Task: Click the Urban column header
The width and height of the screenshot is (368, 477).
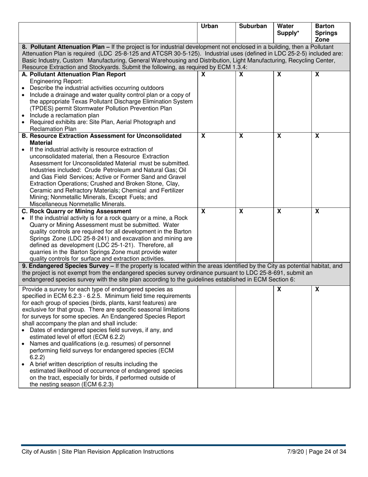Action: point(210,26)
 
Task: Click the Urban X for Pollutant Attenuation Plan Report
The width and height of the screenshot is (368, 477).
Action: point(203,74)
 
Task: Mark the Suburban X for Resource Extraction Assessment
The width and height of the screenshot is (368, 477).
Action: point(241,136)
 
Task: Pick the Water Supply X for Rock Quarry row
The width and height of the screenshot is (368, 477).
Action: point(279,211)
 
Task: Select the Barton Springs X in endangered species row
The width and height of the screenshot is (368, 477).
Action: point(317,289)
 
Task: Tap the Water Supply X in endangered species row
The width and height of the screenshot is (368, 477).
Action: point(279,289)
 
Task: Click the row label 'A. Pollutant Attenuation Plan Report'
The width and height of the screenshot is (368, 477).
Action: point(74,74)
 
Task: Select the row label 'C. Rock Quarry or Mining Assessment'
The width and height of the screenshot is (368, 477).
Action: point(77,211)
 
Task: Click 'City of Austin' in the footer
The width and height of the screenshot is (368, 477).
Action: point(39,451)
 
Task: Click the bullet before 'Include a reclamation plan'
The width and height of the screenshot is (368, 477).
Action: point(24,116)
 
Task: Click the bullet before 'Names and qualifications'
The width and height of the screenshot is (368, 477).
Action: point(24,344)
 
